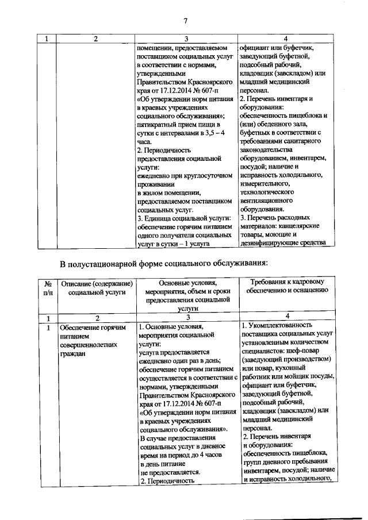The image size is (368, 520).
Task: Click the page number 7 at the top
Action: point(186,22)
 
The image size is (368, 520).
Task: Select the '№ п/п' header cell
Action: point(48,288)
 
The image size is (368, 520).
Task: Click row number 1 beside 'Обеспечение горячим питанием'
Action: point(48,328)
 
